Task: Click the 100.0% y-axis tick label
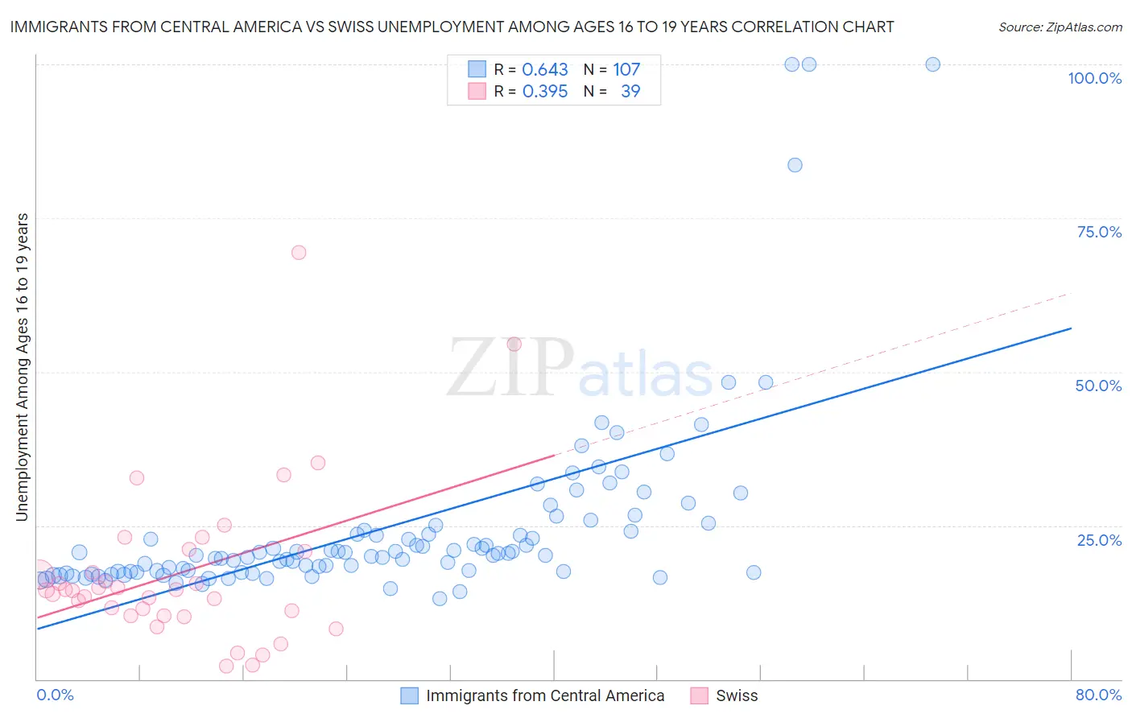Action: pos(1094,78)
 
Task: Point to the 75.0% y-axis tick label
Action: pos(1099,232)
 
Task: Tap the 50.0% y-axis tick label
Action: pos(1098,386)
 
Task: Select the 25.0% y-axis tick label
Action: pos(1099,540)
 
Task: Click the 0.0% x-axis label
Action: pos(55,695)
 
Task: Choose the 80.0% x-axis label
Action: pos(1098,695)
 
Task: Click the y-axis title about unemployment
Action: pos(23,367)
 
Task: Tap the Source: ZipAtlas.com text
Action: pos(1060,27)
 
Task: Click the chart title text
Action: pos(452,27)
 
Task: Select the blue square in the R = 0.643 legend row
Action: pos(477,69)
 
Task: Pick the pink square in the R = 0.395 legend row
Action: pos(477,91)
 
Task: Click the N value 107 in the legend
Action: pos(626,69)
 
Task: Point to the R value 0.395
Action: pos(545,91)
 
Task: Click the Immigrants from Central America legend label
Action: pos(545,695)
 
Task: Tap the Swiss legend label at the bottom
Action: pos(737,695)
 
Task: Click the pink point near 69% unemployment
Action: pos(299,252)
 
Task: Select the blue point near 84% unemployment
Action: pos(795,165)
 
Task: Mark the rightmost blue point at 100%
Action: pos(932,64)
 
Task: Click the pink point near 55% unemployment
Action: pos(514,344)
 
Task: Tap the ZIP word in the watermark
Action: pos(510,368)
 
